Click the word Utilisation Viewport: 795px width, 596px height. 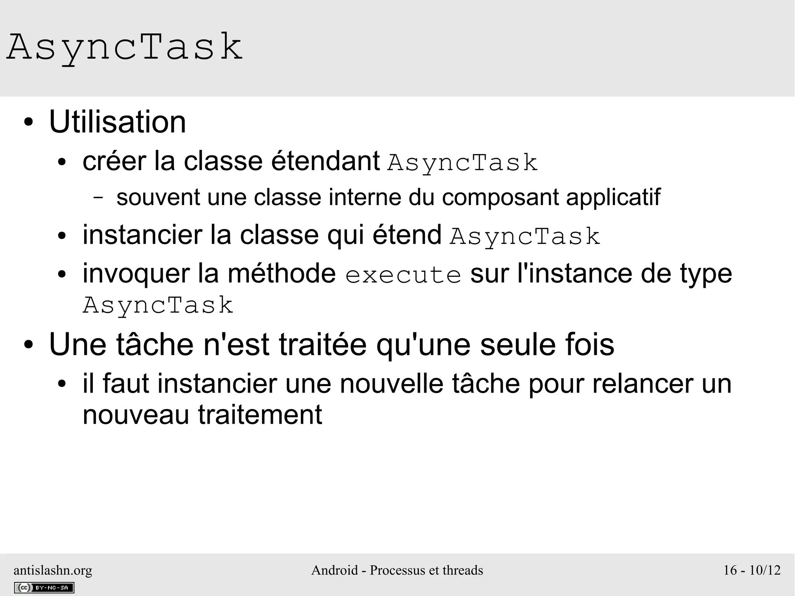point(118,122)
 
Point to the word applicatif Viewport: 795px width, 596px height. point(613,197)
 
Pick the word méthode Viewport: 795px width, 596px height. point(281,273)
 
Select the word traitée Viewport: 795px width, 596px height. point(323,345)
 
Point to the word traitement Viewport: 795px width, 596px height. point(260,415)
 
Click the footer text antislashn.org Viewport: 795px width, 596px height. point(53,570)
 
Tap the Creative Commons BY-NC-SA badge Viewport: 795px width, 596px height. point(44,587)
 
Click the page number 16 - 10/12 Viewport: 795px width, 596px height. point(752,570)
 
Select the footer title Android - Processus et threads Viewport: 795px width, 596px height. point(397,570)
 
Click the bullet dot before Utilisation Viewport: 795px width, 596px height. point(28,123)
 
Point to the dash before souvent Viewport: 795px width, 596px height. point(99,197)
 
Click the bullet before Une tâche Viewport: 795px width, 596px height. point(28,345)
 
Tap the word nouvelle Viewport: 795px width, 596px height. point(392,384)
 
